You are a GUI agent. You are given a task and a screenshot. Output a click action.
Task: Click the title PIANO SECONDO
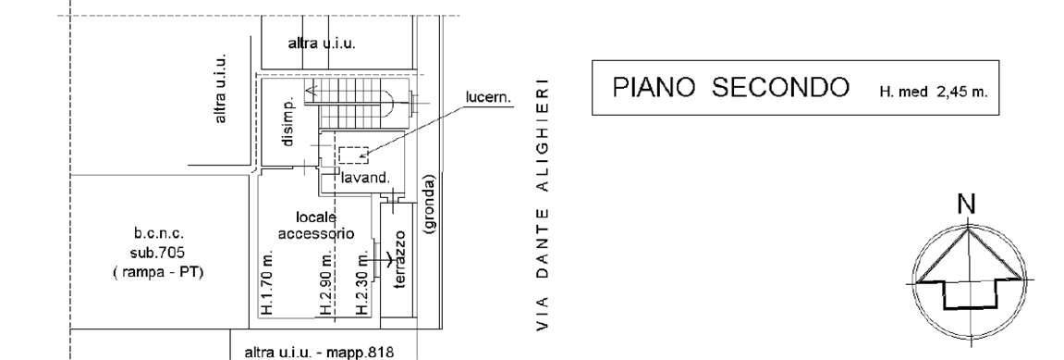(731, 89)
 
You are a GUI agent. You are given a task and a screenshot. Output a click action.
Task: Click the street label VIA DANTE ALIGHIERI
(544, 205)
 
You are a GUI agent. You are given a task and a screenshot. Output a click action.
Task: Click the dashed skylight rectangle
(353, 155)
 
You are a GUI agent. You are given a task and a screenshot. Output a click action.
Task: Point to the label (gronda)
(430, 206)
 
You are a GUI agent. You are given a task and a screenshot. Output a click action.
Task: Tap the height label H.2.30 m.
(363, 283)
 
